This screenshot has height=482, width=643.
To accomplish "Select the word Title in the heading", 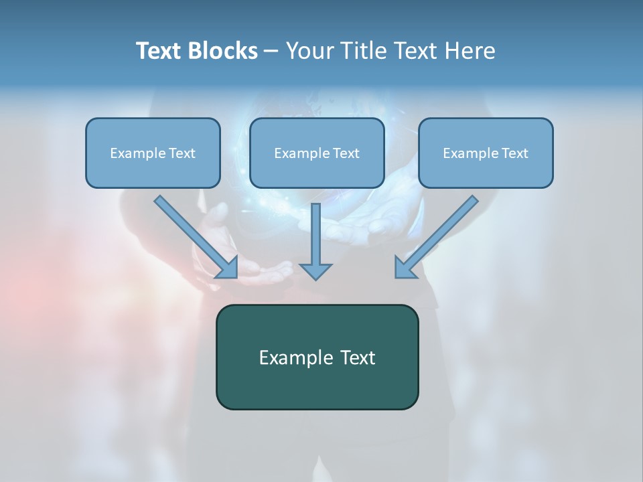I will coord(366,51).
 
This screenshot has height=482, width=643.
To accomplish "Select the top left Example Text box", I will coord(153,153).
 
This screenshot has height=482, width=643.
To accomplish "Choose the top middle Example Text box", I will coord(317,153).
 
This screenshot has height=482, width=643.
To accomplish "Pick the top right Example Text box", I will coord(486,153).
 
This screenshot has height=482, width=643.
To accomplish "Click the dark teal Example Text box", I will coord(317,357).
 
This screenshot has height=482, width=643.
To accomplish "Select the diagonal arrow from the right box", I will coord(442,231).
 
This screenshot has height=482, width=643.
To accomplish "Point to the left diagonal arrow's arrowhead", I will coord(227,267).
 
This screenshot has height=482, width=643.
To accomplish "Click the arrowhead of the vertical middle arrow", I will coord(315,270).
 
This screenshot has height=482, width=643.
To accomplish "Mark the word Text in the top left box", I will coord(182,153).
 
